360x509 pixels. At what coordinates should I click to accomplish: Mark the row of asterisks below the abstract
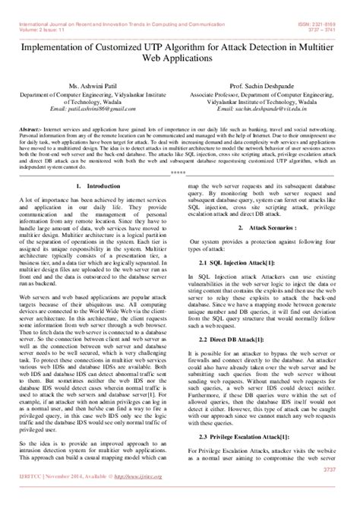tap(179, 172)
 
